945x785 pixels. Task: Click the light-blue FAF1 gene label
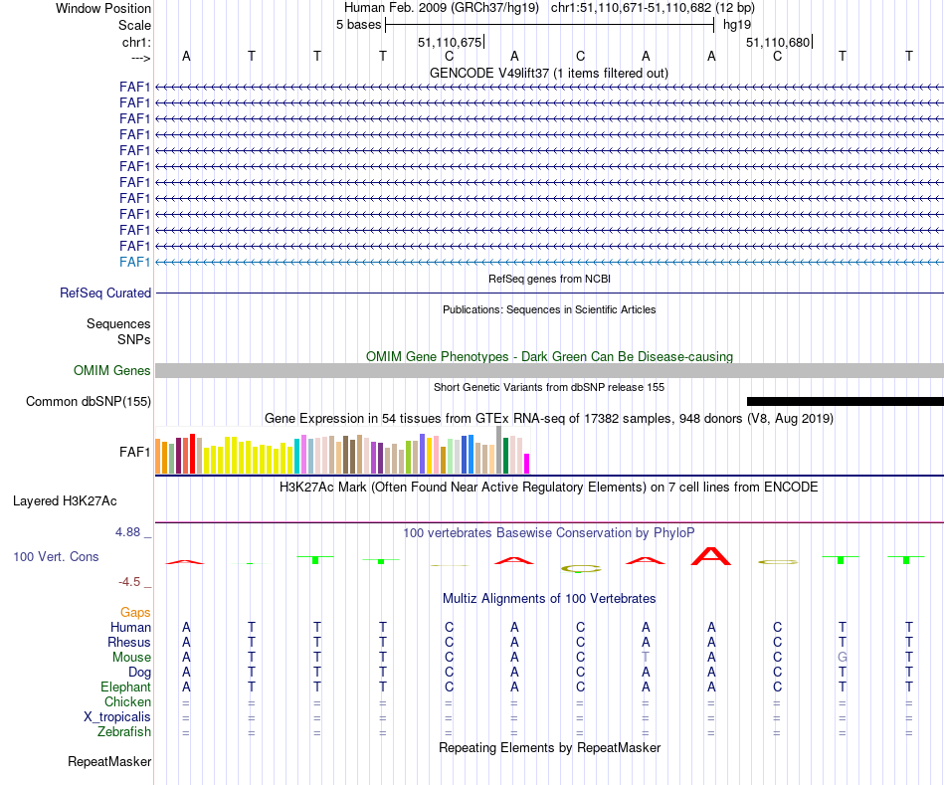pos(135,262)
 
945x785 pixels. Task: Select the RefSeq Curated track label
pos(105,294)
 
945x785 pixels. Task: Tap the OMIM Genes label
pos(112,371)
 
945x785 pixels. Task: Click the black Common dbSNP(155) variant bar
pos(845,401)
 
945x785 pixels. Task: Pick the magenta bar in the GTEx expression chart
pos(527,464)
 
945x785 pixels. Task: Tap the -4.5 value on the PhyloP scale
pos(132,582)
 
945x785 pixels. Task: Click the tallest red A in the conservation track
pos(711,556)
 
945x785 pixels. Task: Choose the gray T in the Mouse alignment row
pos(646,658)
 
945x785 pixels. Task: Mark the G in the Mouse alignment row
pos(843,658)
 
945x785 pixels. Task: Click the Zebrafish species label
pos(124,732)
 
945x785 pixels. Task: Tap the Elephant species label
pos(125,687)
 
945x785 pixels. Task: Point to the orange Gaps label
pos(135,613)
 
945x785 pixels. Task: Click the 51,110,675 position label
pos(450,43)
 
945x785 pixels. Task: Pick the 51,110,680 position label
pos(778,43)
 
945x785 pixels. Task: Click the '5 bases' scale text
pos(358,25)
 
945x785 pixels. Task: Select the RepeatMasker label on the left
pos(109,762)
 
